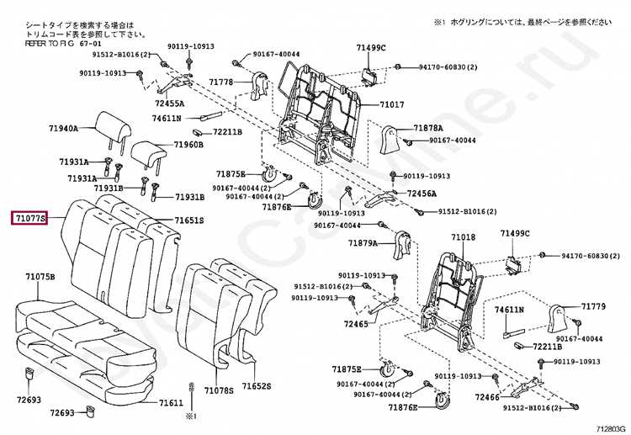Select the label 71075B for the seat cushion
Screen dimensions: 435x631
pyautogui.click(x=40, y=277)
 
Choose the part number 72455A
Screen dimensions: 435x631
pyautogui.click(x=168, y=103)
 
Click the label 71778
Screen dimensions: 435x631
pyautogui.click(x=220, y=82)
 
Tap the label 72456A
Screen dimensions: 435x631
pyautogui.click(x=422, y=194)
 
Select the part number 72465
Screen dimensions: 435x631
pyautogui.click(x=357, y=322)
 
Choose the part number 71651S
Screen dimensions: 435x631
pyautogui.click(x=189, y=221)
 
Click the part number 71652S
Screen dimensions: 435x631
pyautogui.click(x=257, y=385)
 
